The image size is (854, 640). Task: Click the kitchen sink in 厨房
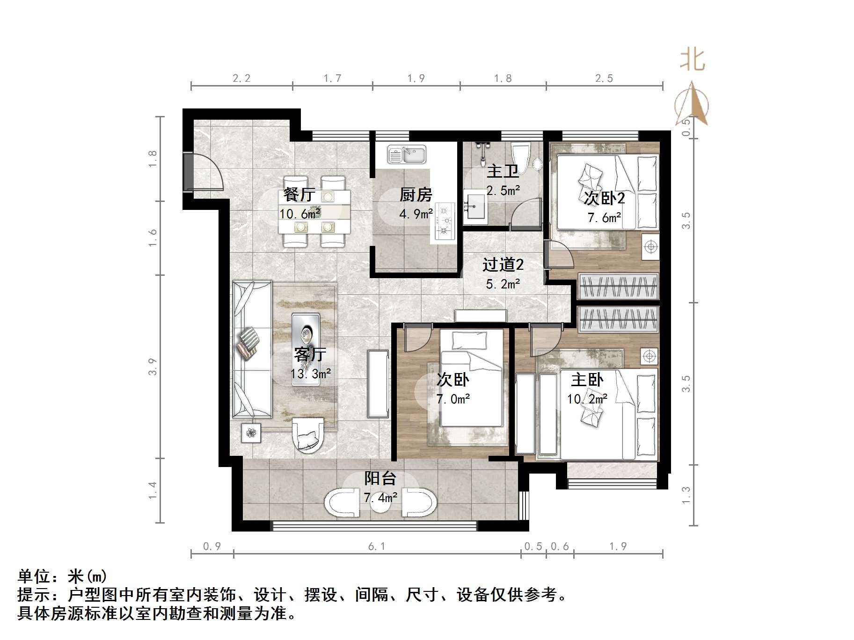pos(407,154)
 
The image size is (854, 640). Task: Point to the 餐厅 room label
pos(299,194)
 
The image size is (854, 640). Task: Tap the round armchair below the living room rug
pos(307,435)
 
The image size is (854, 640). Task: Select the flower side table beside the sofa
pos(252,433)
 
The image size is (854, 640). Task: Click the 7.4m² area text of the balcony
pos(380,497)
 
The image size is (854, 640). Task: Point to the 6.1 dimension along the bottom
pos(377,546)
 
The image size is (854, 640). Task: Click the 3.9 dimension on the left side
pos(153,367)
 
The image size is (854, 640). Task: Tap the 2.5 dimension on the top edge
pos(604,78)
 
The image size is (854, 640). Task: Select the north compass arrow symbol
pos(692,104)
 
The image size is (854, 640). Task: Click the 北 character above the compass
pos(692,60)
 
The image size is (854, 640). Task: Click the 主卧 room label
pos(587,379)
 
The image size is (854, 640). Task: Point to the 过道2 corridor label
pos(503,265)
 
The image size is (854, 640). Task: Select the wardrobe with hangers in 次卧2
pos(618,286)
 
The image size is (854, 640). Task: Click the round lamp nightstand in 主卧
pos(649,357)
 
